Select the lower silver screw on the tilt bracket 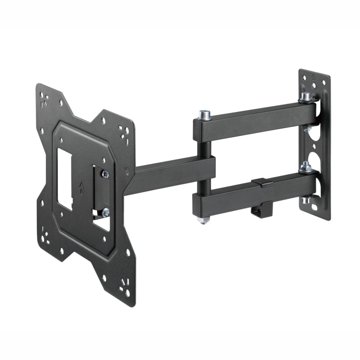coord(105,212)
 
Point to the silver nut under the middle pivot coord(203,220)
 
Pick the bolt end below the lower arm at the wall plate coord(306,199)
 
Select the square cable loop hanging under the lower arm coord(260,209)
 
